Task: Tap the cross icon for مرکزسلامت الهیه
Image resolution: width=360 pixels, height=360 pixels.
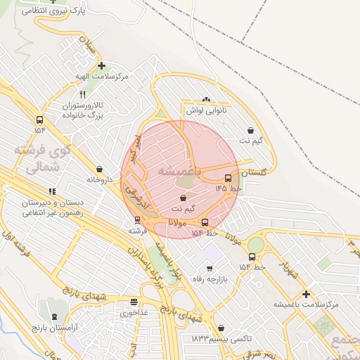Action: coord(102,65)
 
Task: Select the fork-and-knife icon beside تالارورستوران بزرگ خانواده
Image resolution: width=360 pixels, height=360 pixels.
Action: coord(82,94)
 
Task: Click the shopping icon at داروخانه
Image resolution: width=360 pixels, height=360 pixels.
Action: coord(99,169)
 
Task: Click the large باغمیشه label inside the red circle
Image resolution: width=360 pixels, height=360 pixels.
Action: coord(179,170)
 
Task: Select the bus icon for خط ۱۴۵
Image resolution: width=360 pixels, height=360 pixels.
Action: coord(228,178)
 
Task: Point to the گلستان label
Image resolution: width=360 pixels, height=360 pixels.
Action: coord(255,173)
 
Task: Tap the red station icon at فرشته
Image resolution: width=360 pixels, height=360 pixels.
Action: coord(137,219)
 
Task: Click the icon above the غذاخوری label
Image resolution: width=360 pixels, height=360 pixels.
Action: coord(133,302)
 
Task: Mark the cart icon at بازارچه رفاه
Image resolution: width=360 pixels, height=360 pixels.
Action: coord(209,268)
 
